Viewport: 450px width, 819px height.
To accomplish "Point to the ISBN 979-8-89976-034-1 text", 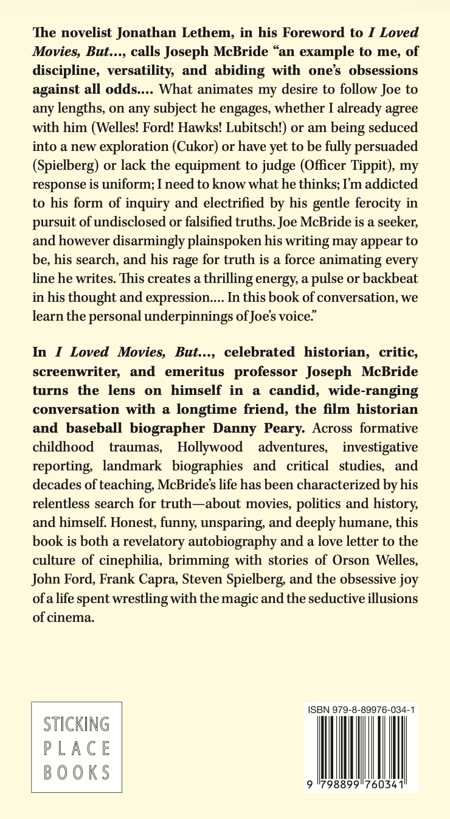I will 362,710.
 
